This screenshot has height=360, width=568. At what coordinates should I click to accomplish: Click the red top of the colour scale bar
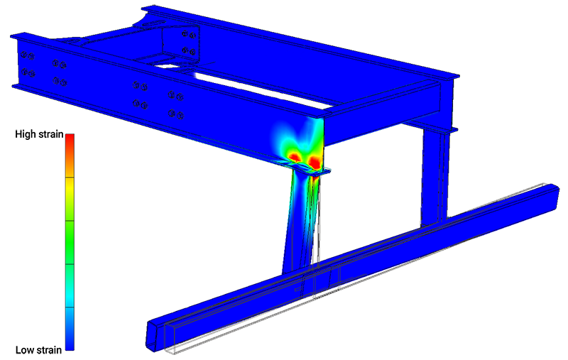click(70, 142)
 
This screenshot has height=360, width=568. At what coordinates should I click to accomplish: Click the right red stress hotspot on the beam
click(315, 162)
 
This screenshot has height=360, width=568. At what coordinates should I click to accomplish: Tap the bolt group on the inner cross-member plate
click(189, 42)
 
